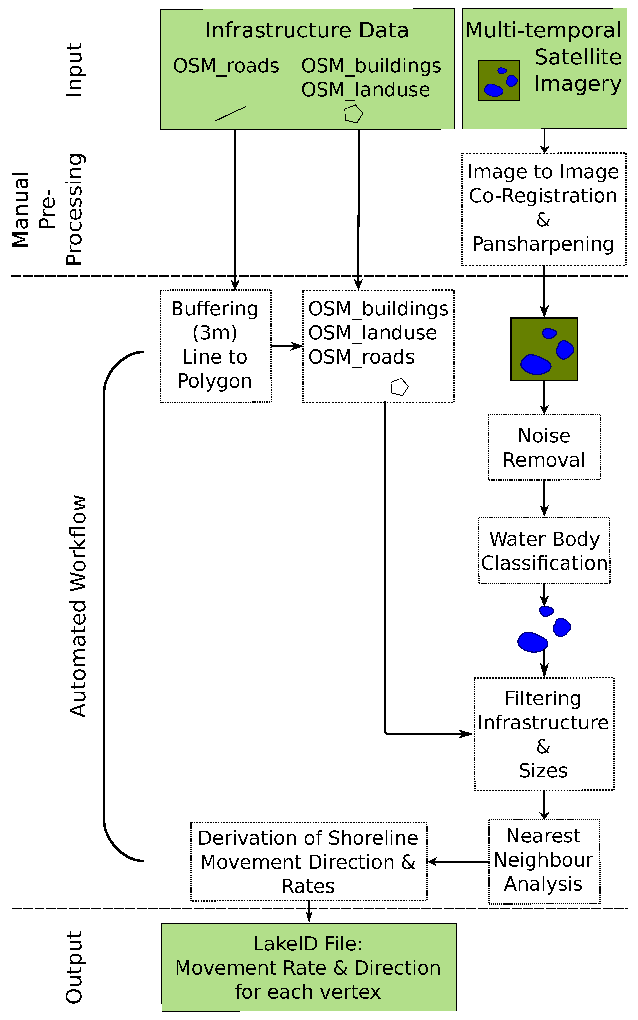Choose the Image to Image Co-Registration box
544,209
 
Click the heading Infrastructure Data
307,30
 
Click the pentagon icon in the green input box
354,114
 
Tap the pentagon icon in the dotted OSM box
399,387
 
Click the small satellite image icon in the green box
499,81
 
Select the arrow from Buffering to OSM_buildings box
287,346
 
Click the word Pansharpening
543,244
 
